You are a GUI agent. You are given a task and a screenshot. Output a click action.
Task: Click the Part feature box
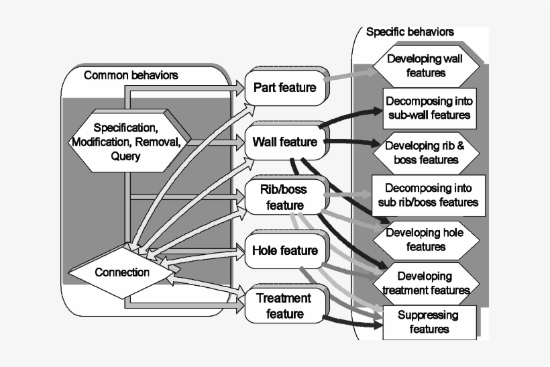[x=284, y=88]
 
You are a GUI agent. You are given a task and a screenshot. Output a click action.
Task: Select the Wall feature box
[x=284, y=142]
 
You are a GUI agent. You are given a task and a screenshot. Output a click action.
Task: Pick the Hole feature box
[x=284, y=250]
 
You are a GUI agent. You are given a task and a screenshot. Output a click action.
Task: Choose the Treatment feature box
[x=284, y=305]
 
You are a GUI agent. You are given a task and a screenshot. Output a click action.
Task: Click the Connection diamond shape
[x=122, y=272]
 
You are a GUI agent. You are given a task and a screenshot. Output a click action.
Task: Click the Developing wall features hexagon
[x=426, y=66]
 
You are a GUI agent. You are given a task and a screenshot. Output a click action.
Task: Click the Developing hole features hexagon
[x=426, y=240]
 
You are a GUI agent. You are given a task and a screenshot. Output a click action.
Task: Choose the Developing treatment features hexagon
[x=425, y=283]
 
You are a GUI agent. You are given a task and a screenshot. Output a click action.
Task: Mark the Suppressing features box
[x=428, y=321]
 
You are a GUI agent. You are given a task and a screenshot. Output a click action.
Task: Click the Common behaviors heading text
[x=131, y=75]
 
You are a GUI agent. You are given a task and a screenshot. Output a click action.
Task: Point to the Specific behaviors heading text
[x=410, y=32]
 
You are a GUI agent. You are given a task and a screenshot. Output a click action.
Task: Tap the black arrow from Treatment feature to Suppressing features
[x=352, y=321]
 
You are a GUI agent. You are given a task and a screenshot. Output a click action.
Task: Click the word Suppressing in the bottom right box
[x=428, y=315]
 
